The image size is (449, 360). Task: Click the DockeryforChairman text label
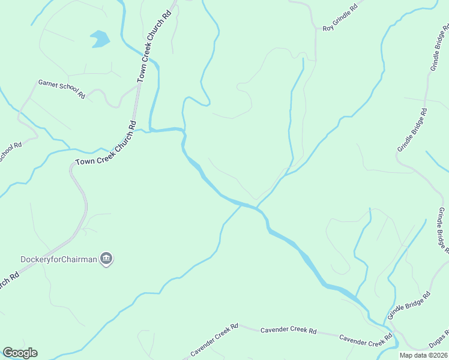point(58,259)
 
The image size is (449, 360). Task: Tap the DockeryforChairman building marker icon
point(107,259)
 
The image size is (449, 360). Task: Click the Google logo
point(20,353)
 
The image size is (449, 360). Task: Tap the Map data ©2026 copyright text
point(423,355)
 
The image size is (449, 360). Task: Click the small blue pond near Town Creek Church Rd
point(100,39)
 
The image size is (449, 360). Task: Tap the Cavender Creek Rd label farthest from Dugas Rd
point(214,339)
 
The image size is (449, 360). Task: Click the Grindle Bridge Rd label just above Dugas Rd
point(409,306)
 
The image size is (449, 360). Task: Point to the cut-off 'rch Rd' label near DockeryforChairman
point(8,281)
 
